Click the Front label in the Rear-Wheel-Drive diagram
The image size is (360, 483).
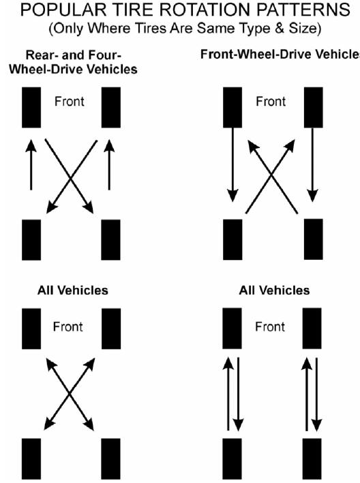point(68,102)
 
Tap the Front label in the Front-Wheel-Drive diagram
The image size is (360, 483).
point(271,102)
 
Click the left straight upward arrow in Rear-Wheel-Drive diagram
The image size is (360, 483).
point(31,165)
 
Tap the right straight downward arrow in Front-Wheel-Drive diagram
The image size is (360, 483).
point(312,166)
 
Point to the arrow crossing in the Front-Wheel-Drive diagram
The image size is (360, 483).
point(271,179)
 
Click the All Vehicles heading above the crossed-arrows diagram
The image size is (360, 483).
point(72,290)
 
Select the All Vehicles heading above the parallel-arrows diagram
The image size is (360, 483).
point(273,290)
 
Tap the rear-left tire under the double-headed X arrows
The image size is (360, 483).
point(31,461)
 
